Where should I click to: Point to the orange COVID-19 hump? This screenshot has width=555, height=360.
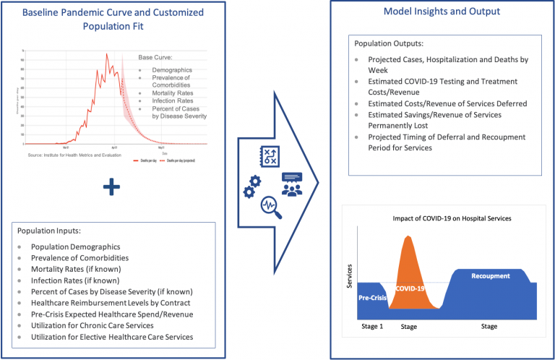click(410, 271)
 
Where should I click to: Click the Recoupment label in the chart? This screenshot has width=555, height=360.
click(491, 276)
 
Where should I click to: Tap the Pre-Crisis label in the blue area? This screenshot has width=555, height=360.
click(372, 296)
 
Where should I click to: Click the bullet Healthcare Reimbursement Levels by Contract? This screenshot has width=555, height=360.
click(111, 303)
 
